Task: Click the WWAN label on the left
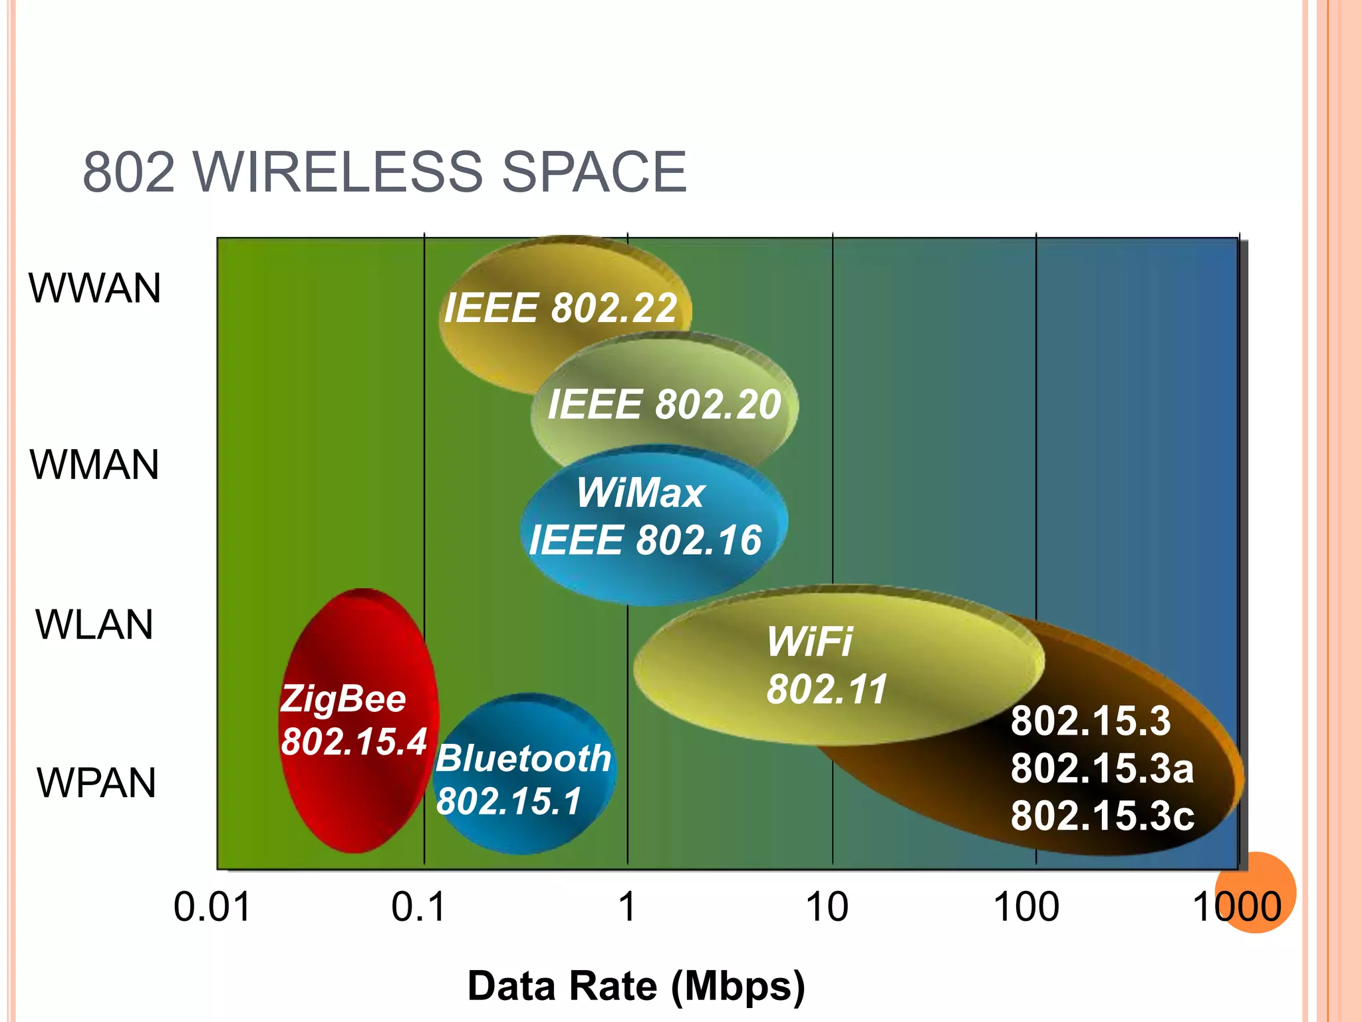tap(94, 288)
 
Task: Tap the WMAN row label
tap(94, 464)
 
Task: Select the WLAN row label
tap(94, 624)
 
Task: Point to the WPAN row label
tap(96, 782)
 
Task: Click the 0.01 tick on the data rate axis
tap(212, 906)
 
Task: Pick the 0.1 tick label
tap(418, 906)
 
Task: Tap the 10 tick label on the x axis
tap(827, 906)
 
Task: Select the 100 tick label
tap(1026, 906)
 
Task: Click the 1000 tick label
tap(1237, 906)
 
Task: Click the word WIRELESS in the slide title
tap(339, 172)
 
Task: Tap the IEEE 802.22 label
tap(561, 308)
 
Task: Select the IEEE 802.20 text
tap(664, 404)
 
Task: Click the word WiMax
tap(640, 493)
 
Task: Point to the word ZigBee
tap(343, 699)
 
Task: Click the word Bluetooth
tap(523, 758)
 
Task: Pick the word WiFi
tap(809, 641)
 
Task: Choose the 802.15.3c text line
tap(1103, 815)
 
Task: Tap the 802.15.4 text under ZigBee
tap(354, 741)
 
